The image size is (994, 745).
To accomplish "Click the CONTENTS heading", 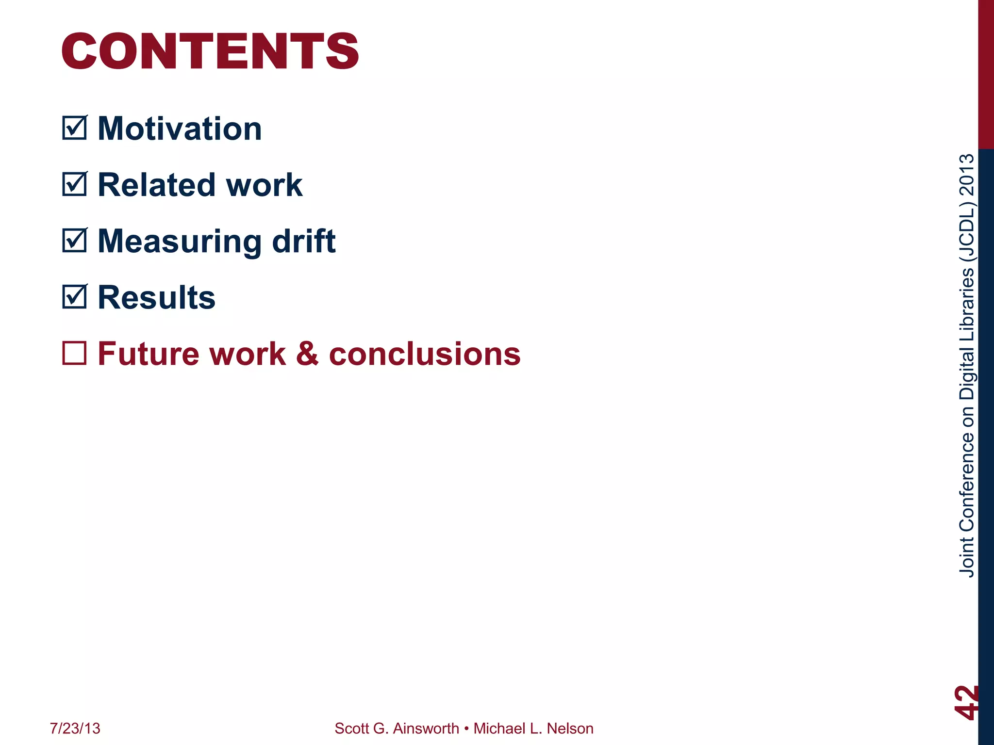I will point(210,51).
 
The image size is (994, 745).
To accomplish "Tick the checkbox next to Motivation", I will point(74,128).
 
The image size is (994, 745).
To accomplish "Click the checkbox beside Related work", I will point(74,184).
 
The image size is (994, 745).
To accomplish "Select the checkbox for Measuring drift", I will point(74,241).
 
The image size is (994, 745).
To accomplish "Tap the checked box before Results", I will point(74,297).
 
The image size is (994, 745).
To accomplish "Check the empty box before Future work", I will point(74,353).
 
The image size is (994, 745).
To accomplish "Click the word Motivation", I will point(180,129).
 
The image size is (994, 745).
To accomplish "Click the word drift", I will point(304,241).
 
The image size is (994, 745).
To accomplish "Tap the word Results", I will point(156,297).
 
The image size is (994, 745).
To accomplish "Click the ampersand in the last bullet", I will point(307,354).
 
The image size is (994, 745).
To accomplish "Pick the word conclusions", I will point(425,354).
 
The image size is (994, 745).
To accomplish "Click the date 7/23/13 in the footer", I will point(75,729).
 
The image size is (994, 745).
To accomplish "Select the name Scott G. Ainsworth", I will point(397,729).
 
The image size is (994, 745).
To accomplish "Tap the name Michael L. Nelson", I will point(533,729).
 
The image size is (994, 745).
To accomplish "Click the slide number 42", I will point(966,702).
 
